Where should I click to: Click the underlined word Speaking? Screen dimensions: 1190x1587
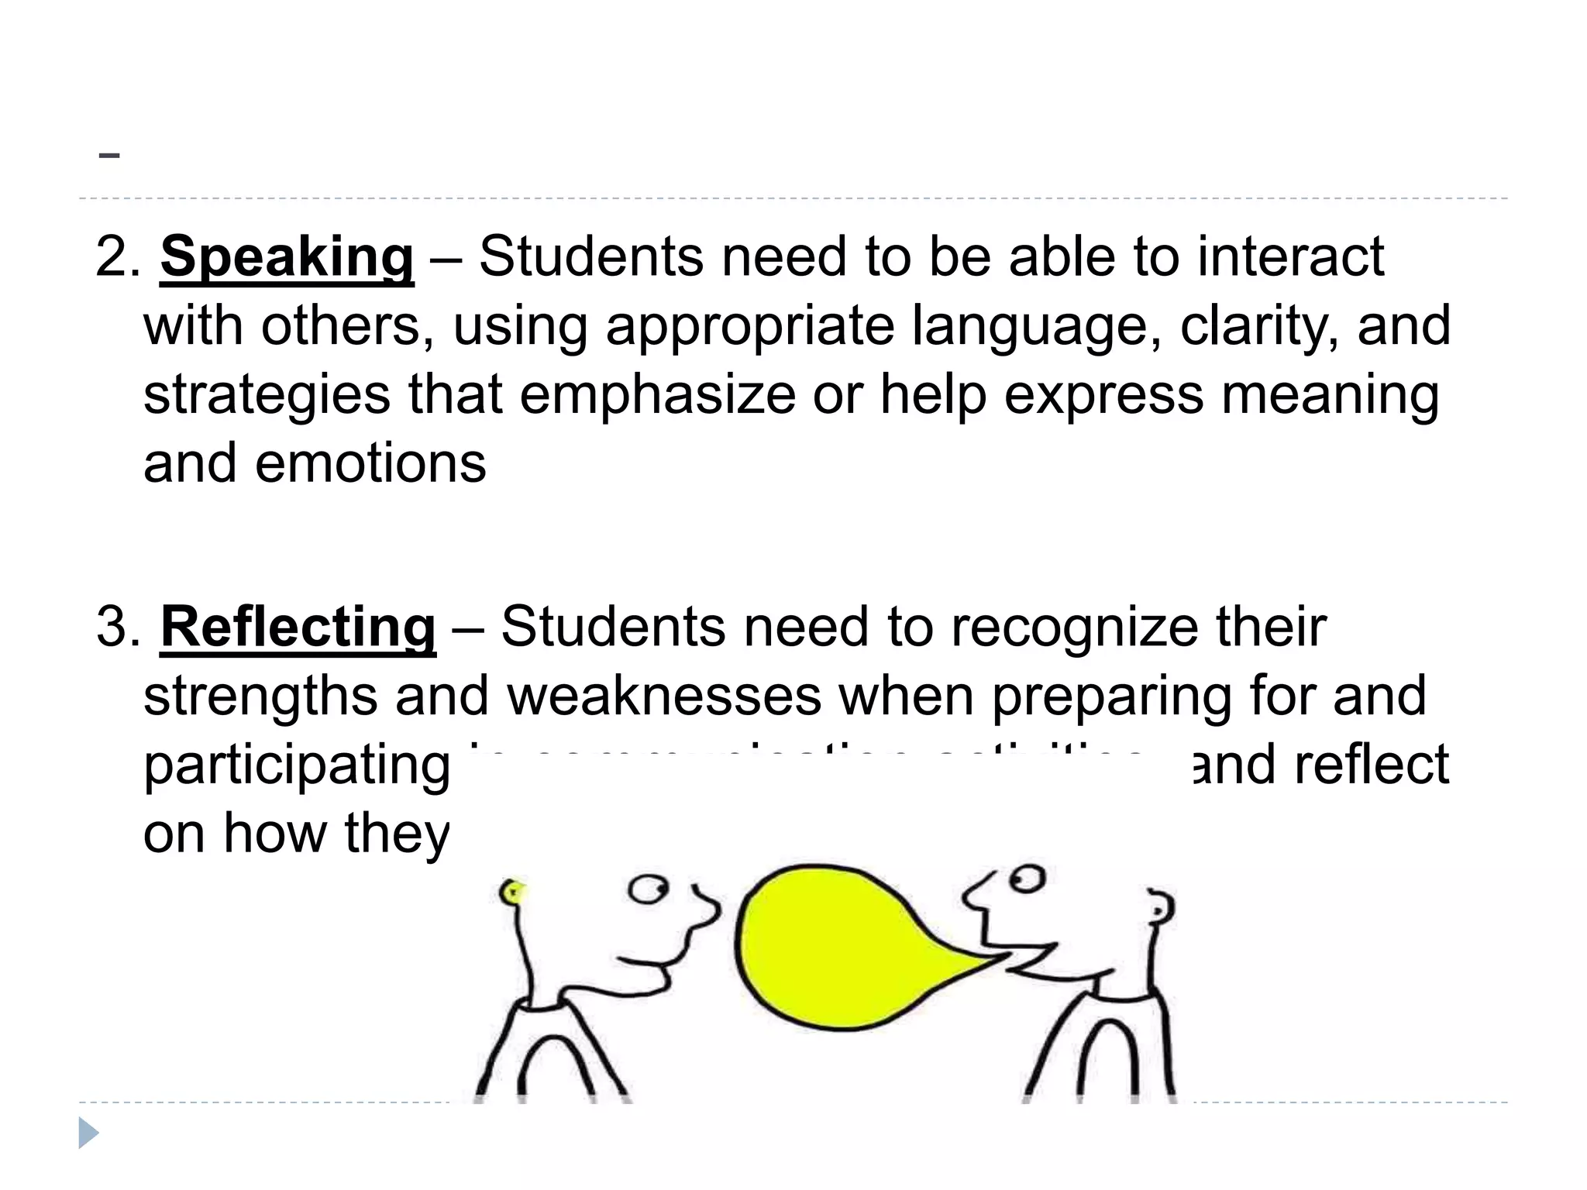[287, 257]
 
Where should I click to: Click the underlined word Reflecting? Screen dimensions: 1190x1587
[298, 628]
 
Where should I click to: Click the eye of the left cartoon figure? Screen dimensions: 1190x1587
[647, 889]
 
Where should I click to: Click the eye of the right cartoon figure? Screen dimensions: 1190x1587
[1027, 879]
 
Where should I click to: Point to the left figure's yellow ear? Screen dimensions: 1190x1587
[512, 892]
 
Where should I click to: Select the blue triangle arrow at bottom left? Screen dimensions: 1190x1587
[88, 1133]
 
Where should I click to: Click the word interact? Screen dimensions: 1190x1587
[1290, 257]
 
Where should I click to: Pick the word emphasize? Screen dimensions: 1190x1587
[657, 395]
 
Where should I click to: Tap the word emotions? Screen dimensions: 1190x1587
[370, 464]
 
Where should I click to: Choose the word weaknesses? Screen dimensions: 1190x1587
[664, 696]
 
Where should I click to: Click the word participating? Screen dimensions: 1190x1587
[296, 765]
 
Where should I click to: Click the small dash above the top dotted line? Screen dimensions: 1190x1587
[109, 155]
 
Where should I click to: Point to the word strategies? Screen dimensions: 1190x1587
[267, 395]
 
